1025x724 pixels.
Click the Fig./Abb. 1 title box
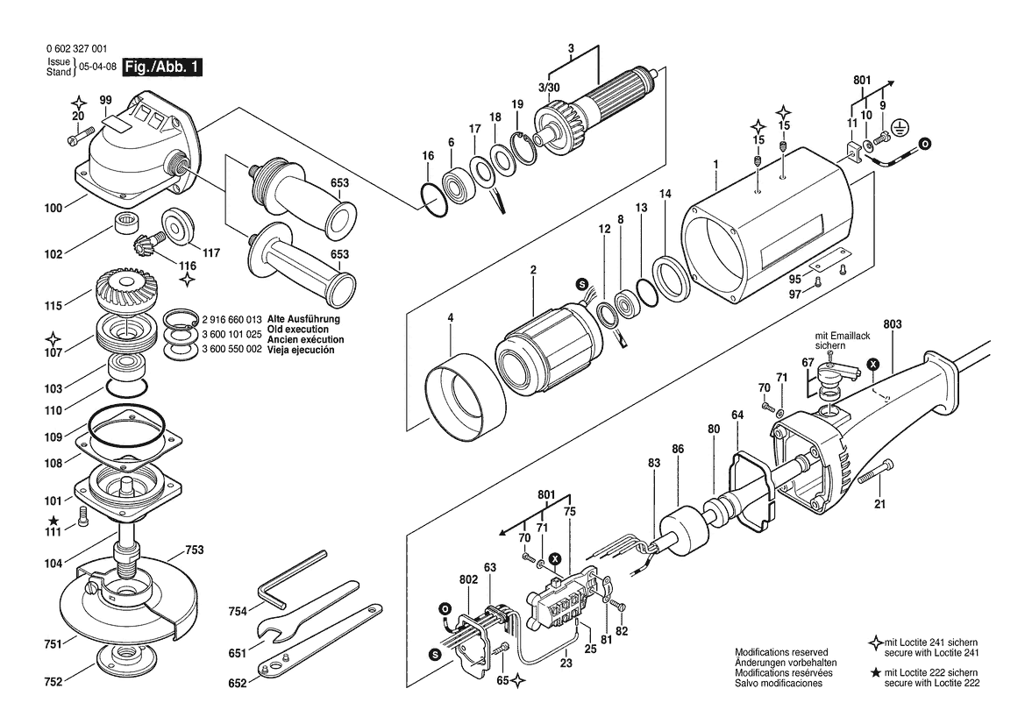coord(163,67)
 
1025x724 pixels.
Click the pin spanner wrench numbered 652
coord(320,638)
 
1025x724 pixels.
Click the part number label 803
coord(892,324)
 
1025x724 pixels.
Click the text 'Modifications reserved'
coord(781,652)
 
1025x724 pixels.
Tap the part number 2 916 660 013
coord(232,320)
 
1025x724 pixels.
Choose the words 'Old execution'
coord(298,330)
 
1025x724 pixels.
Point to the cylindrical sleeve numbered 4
coord(465,395)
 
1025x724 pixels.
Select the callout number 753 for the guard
coord(195,550)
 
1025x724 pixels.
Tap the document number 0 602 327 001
coord(77,49)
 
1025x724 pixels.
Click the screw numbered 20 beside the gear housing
coord(76,139)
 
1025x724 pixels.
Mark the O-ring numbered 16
coord(433,200)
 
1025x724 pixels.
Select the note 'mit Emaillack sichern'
coord(842,340)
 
